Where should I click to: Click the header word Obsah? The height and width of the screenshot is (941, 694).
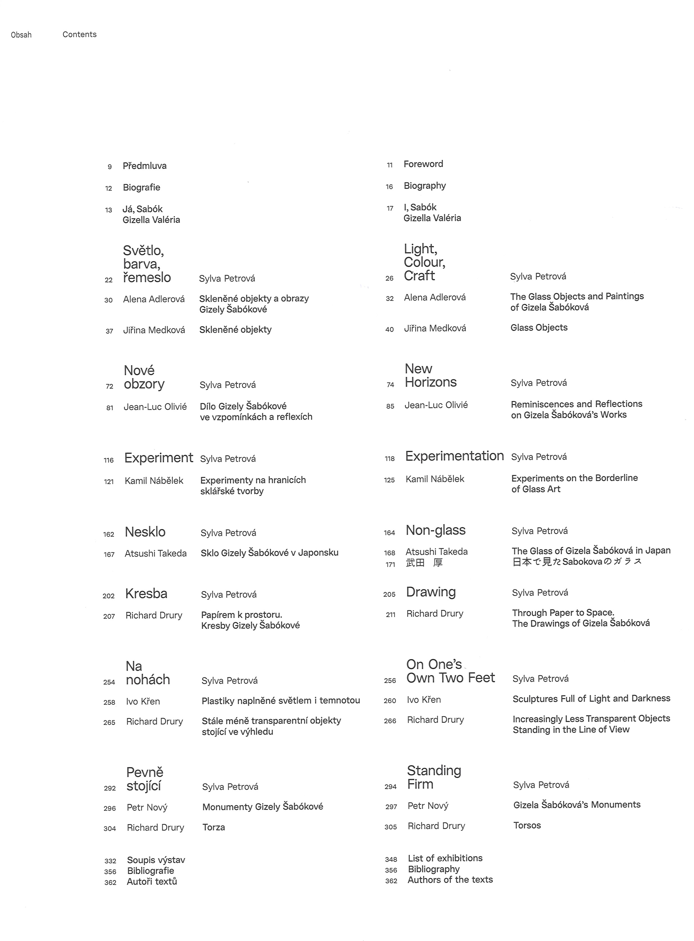coord(21,35)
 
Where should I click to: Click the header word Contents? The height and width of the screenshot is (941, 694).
coord(79,35)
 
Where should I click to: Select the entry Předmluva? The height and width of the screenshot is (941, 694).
coord(144,166)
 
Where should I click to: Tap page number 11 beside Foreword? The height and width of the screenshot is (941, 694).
coord(389,165)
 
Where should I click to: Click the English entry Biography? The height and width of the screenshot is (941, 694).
coord(425,186)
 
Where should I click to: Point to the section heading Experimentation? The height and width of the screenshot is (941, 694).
coord(454,456)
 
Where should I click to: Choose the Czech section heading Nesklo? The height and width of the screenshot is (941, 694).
coord(145,532)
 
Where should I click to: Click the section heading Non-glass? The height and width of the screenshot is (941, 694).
coord(435,531)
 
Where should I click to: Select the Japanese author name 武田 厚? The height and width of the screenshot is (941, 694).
coord(424,563)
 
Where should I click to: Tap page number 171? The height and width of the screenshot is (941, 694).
coord(390,565)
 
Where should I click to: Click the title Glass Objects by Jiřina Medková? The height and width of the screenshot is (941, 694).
coord(539,328)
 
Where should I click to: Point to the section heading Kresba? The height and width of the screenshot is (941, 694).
coord(146,594)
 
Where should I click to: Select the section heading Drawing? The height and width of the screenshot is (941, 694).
coord(431,592)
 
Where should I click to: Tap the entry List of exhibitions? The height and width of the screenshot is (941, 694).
coord(445,858)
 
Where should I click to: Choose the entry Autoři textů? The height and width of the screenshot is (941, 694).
coord(152,882)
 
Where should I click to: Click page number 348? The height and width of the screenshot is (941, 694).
coord(391,859)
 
